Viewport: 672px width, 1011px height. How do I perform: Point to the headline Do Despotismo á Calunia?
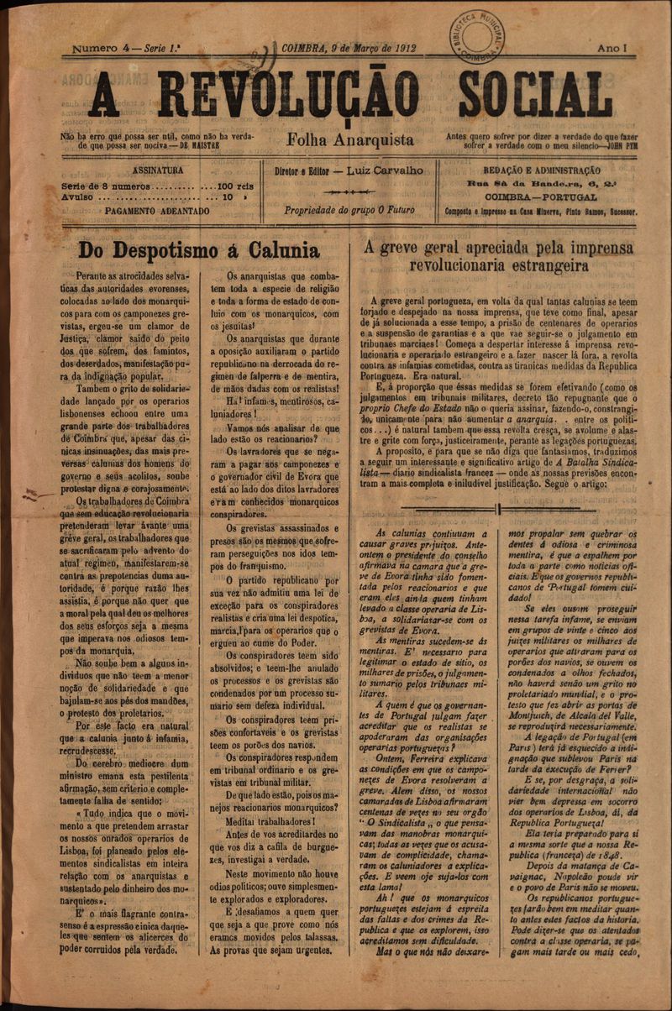click(x=198, y=250)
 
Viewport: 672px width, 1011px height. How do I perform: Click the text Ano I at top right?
click(x=612, y=49)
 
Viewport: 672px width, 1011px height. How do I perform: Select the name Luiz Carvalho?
click(x=386, y=170)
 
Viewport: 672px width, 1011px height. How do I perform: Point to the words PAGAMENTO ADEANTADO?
click(x=157, y=212)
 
